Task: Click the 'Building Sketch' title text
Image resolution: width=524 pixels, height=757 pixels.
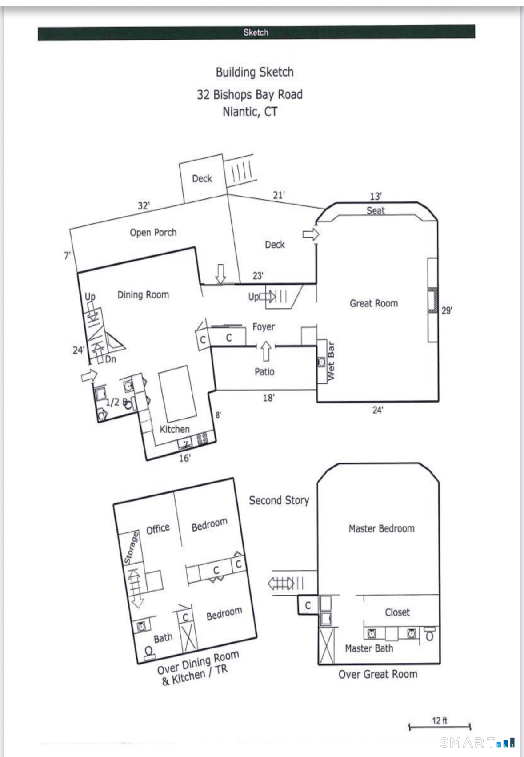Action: [x=254, y=72]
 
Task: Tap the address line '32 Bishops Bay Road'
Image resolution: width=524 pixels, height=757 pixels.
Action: [x=249, y=94]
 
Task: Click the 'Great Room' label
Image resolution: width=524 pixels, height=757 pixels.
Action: [x=373, y=303]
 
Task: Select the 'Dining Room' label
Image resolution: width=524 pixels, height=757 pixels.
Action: [x=143, y=294]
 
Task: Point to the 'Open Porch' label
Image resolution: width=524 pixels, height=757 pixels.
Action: [x=153, y=232]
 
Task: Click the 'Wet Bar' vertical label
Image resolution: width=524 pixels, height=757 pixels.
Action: [x=331, y=361]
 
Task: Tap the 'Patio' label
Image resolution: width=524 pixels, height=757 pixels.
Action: [x=264, y=371]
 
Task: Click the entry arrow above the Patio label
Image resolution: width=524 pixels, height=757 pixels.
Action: [x=266, y=351]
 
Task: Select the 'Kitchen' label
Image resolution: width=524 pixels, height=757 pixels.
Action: [x=174, y=429]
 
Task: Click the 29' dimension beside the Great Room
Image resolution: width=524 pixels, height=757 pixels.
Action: [x=447, y=310]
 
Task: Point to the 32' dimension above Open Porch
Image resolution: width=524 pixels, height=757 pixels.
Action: [x=144, y=205]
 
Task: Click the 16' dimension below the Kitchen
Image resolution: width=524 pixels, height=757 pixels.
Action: [x=185, y=458]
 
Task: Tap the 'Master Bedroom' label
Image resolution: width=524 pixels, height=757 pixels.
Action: [x=381, y=528]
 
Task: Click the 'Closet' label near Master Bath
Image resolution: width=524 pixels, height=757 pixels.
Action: [x=397, y=612]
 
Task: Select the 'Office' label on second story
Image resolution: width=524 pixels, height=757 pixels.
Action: [x=158, y=529]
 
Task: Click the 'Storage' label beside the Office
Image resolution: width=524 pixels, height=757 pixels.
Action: [x=131, y=548]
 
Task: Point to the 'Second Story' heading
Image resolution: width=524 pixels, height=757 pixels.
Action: [x=279, y=500]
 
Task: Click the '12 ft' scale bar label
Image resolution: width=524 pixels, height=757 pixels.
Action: [x=439, y=720]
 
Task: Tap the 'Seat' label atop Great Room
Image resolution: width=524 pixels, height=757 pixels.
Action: [x=376, y=210]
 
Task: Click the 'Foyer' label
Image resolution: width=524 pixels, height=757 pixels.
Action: [x=264, y=327]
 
